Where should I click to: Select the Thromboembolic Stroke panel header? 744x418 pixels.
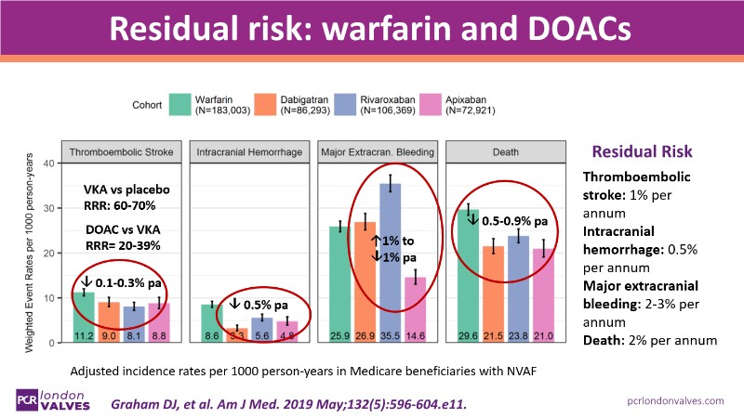coord(121,150)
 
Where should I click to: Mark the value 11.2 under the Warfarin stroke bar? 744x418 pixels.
coord(84,333)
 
